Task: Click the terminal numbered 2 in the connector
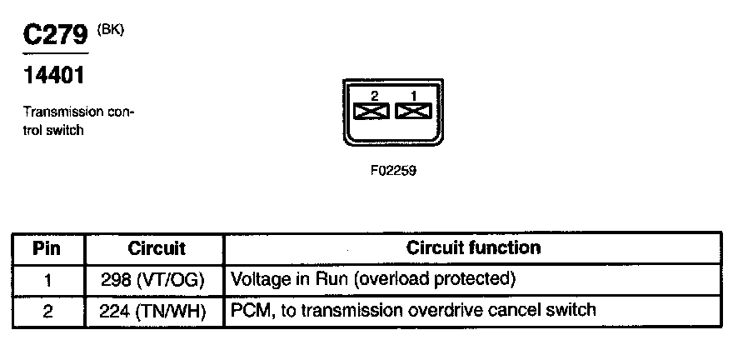[371, 110]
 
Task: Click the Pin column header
[47, 248]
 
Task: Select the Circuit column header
[157, 248]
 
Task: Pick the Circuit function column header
[473, 248]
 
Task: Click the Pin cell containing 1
[47, 278]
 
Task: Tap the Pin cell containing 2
[47, 310]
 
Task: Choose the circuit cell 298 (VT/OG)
[157, 278]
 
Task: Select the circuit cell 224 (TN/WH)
[157, 310]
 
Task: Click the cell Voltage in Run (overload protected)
[372, 278]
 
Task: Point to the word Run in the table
[333, 278]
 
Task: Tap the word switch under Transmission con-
[65, 130]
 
